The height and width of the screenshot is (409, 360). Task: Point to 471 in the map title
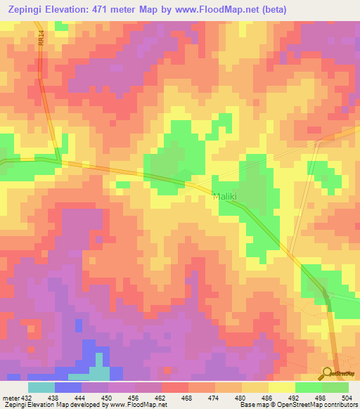115,8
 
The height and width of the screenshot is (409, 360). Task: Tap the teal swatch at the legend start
41,388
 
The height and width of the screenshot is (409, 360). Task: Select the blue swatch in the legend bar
68,388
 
